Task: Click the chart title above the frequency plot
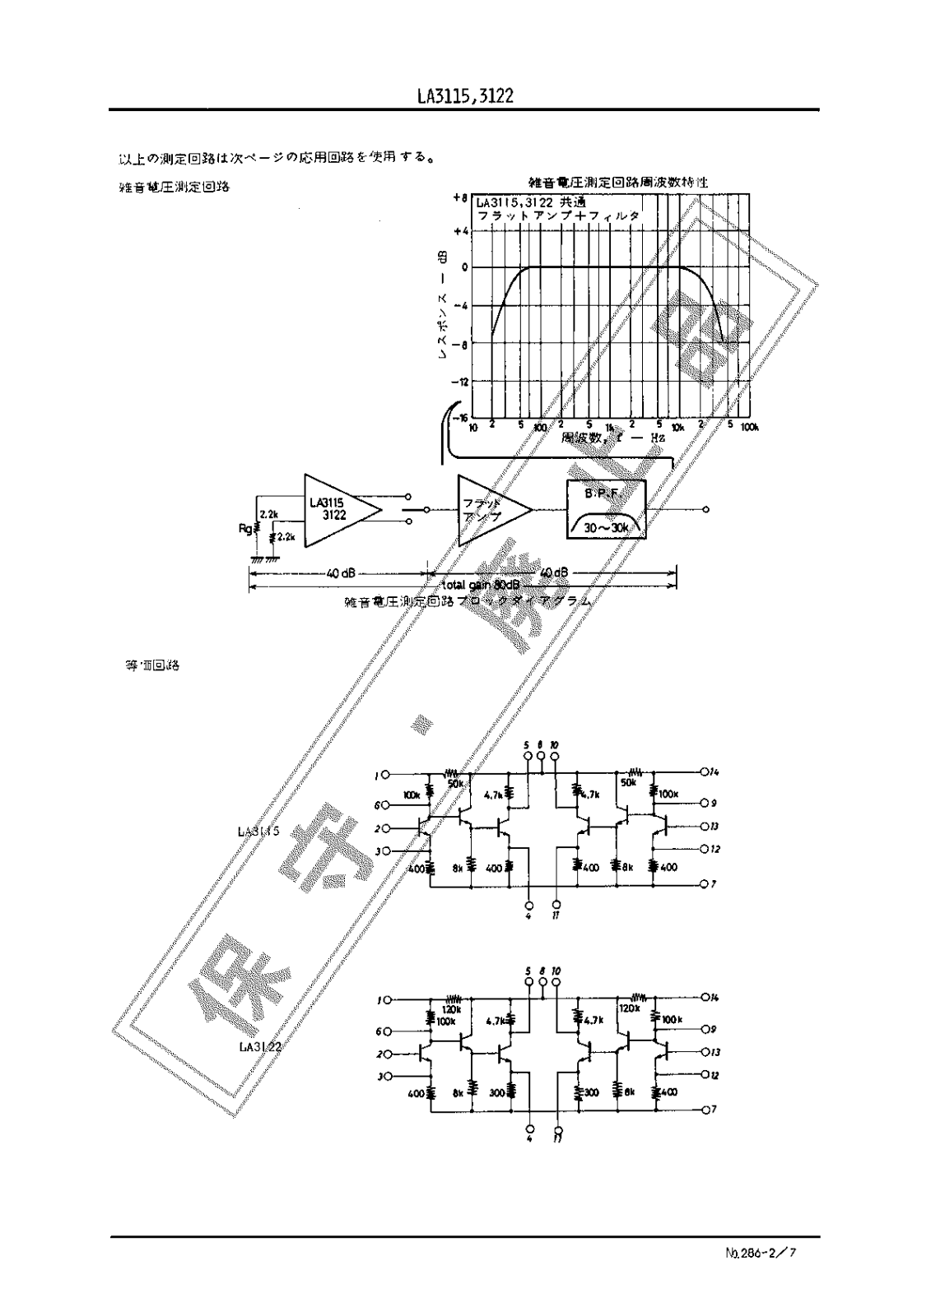[x=618, y=182]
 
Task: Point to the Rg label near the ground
[x=244, y=529]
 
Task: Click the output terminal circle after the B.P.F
[x=705, y=510]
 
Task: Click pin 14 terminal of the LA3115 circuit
[x=704, y=772]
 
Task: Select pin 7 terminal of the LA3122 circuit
[x=704, y=1110]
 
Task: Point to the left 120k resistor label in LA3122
[x=451, y=1008]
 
